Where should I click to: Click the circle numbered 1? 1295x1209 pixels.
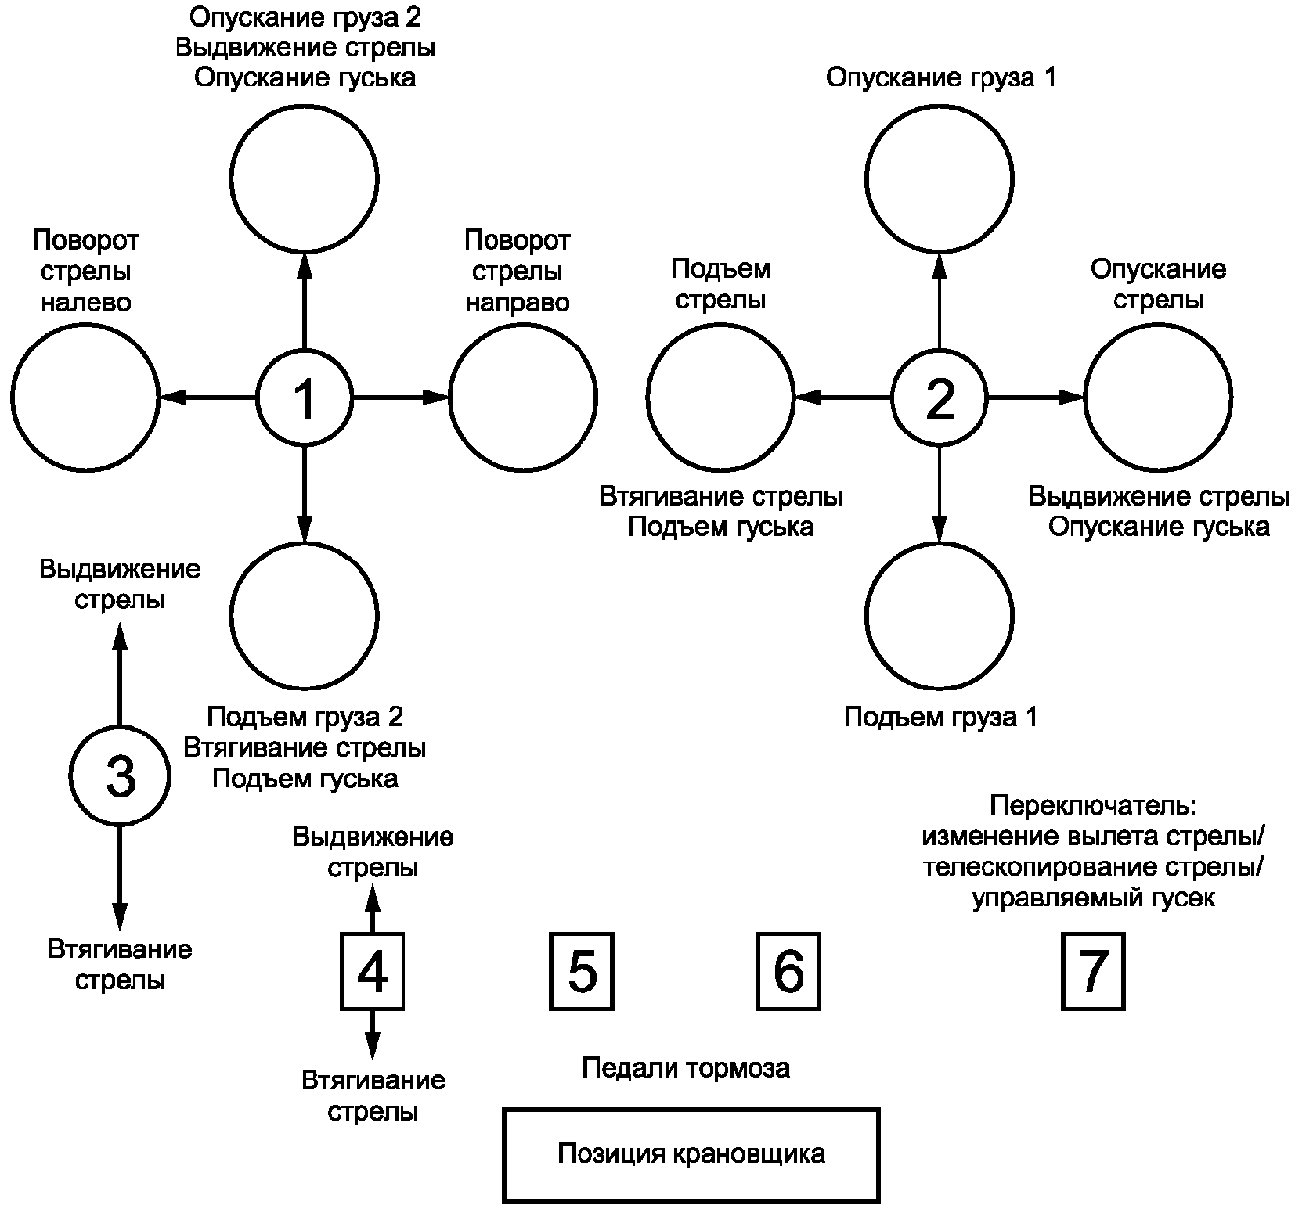click(x=305, y=398)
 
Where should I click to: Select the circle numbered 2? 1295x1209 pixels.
click(x=940, y=398)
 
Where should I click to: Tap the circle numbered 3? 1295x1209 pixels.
click(x=120, y=776)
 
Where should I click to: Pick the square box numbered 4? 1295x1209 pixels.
click(x=373, y=970)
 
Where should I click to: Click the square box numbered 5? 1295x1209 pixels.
click(x=582, y=970)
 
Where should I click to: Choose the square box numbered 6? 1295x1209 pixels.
click(x=788, y=970)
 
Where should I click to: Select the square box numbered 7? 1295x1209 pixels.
click(x=1093, y=970)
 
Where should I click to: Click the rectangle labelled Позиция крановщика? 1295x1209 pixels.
click(x=691, y=1154)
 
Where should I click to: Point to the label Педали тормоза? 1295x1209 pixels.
click(x=686, y=1068)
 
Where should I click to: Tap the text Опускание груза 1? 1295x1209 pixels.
click(x=941, y=77)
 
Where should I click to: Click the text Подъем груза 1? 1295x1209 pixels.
click(x=941, y=717)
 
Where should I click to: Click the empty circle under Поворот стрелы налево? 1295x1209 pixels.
click(x=85, y=398)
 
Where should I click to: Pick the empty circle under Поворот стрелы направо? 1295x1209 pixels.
click(x=523, y=398)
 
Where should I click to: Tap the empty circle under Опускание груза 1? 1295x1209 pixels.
click(x=940, y=179)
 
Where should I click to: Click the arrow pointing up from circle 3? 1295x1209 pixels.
click(x=120, y=673)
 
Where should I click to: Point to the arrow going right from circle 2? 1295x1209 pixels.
click(x=1035, y=398)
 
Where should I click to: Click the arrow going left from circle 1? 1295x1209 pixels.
click(x=208, y=398)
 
